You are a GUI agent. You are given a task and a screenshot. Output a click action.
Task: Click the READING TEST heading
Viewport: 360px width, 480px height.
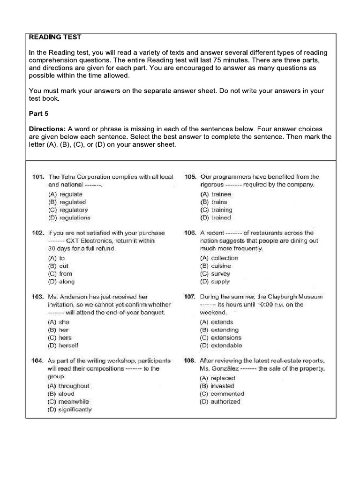[55, 37]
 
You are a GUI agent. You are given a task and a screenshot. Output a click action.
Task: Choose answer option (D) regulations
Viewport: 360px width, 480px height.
[69, 218]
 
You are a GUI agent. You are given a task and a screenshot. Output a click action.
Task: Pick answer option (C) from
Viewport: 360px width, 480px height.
[60, 274]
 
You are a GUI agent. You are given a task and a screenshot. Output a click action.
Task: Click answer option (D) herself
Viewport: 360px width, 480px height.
[63, 346]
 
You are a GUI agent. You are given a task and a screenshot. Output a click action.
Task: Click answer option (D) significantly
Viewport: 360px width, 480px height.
[70, 410]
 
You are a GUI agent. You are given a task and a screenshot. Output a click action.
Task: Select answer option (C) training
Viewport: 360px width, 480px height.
[216, 210]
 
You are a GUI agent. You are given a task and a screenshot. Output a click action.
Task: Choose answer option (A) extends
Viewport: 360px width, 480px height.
[216, 322]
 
